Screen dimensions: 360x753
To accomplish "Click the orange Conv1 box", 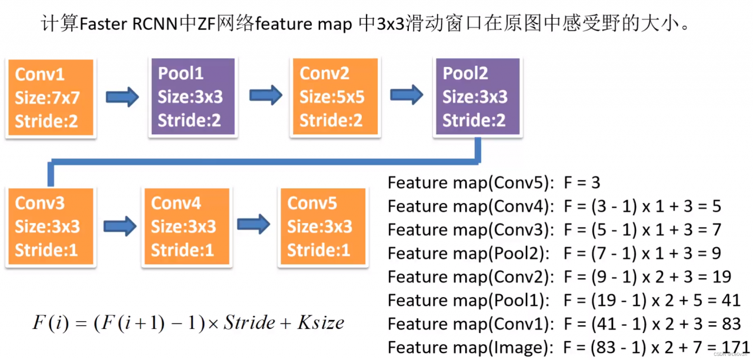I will point(49,98).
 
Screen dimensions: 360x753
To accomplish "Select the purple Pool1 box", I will point(191,97).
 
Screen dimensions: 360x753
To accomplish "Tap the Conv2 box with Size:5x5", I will point(333,97).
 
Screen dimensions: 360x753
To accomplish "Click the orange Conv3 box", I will point(49,227).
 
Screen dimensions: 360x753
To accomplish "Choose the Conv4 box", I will point(186,227).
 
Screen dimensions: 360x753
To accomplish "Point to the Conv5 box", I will point(323,227).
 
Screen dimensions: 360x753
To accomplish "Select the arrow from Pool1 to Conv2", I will point(266,95).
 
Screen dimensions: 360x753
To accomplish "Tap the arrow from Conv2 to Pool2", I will point(407,95).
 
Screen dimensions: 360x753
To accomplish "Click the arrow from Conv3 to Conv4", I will point(120,226).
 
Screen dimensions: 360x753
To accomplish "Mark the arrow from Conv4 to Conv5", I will point(254,224).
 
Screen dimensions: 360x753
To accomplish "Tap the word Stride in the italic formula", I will point(249,323).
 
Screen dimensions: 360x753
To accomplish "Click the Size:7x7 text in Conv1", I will point(47,98).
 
